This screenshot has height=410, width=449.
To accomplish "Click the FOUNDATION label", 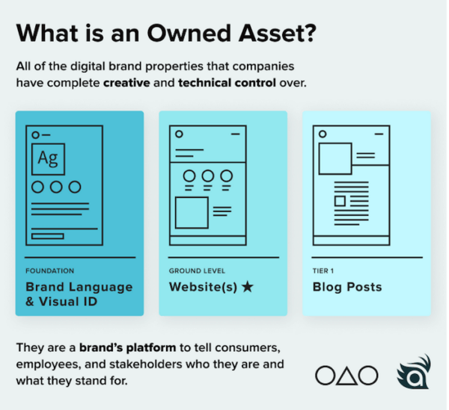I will point(50,271).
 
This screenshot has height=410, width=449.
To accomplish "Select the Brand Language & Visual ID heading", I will point(79,293).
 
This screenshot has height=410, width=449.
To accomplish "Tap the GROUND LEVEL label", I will point(197,271).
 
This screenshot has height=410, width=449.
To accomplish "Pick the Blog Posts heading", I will point(346,287).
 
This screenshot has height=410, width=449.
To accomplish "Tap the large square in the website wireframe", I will point(191,212).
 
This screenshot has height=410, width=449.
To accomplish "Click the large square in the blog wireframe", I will point(335,159).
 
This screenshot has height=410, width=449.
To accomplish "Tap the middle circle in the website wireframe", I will point(207,176).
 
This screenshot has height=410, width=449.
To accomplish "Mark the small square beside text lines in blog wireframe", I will point(340,201).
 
